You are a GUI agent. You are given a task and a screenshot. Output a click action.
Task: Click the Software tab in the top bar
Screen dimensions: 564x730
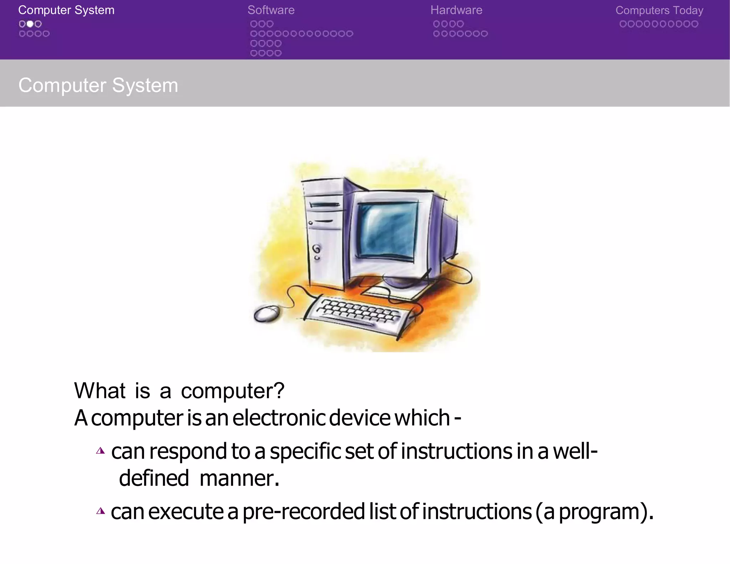pos(271,10)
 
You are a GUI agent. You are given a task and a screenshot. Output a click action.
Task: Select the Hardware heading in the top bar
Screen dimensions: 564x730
pos(456,10)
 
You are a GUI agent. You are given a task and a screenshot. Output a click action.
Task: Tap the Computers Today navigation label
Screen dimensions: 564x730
pos(659,10)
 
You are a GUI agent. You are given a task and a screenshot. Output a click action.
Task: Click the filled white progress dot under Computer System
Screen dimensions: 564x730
pos(30,24)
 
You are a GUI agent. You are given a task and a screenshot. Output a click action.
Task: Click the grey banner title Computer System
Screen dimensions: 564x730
pos(98,85)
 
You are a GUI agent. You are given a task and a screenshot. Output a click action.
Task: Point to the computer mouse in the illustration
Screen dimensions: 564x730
pos(266,314)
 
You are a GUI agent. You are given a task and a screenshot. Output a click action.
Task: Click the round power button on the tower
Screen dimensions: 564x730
pos(316,248)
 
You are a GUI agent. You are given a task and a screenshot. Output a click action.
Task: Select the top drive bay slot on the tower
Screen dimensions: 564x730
pos(324,205)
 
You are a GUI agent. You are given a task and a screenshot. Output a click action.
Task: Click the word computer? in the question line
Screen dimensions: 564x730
pos(232,391)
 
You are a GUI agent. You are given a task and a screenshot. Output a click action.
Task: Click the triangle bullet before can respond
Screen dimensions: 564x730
pos(101,451)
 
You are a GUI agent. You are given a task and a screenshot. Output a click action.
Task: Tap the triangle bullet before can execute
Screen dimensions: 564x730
pos(101,512)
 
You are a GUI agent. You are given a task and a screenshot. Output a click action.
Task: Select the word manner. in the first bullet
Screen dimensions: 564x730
pos(239,478)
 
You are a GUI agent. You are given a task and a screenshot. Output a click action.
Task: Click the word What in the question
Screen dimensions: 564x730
pos(99,391)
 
